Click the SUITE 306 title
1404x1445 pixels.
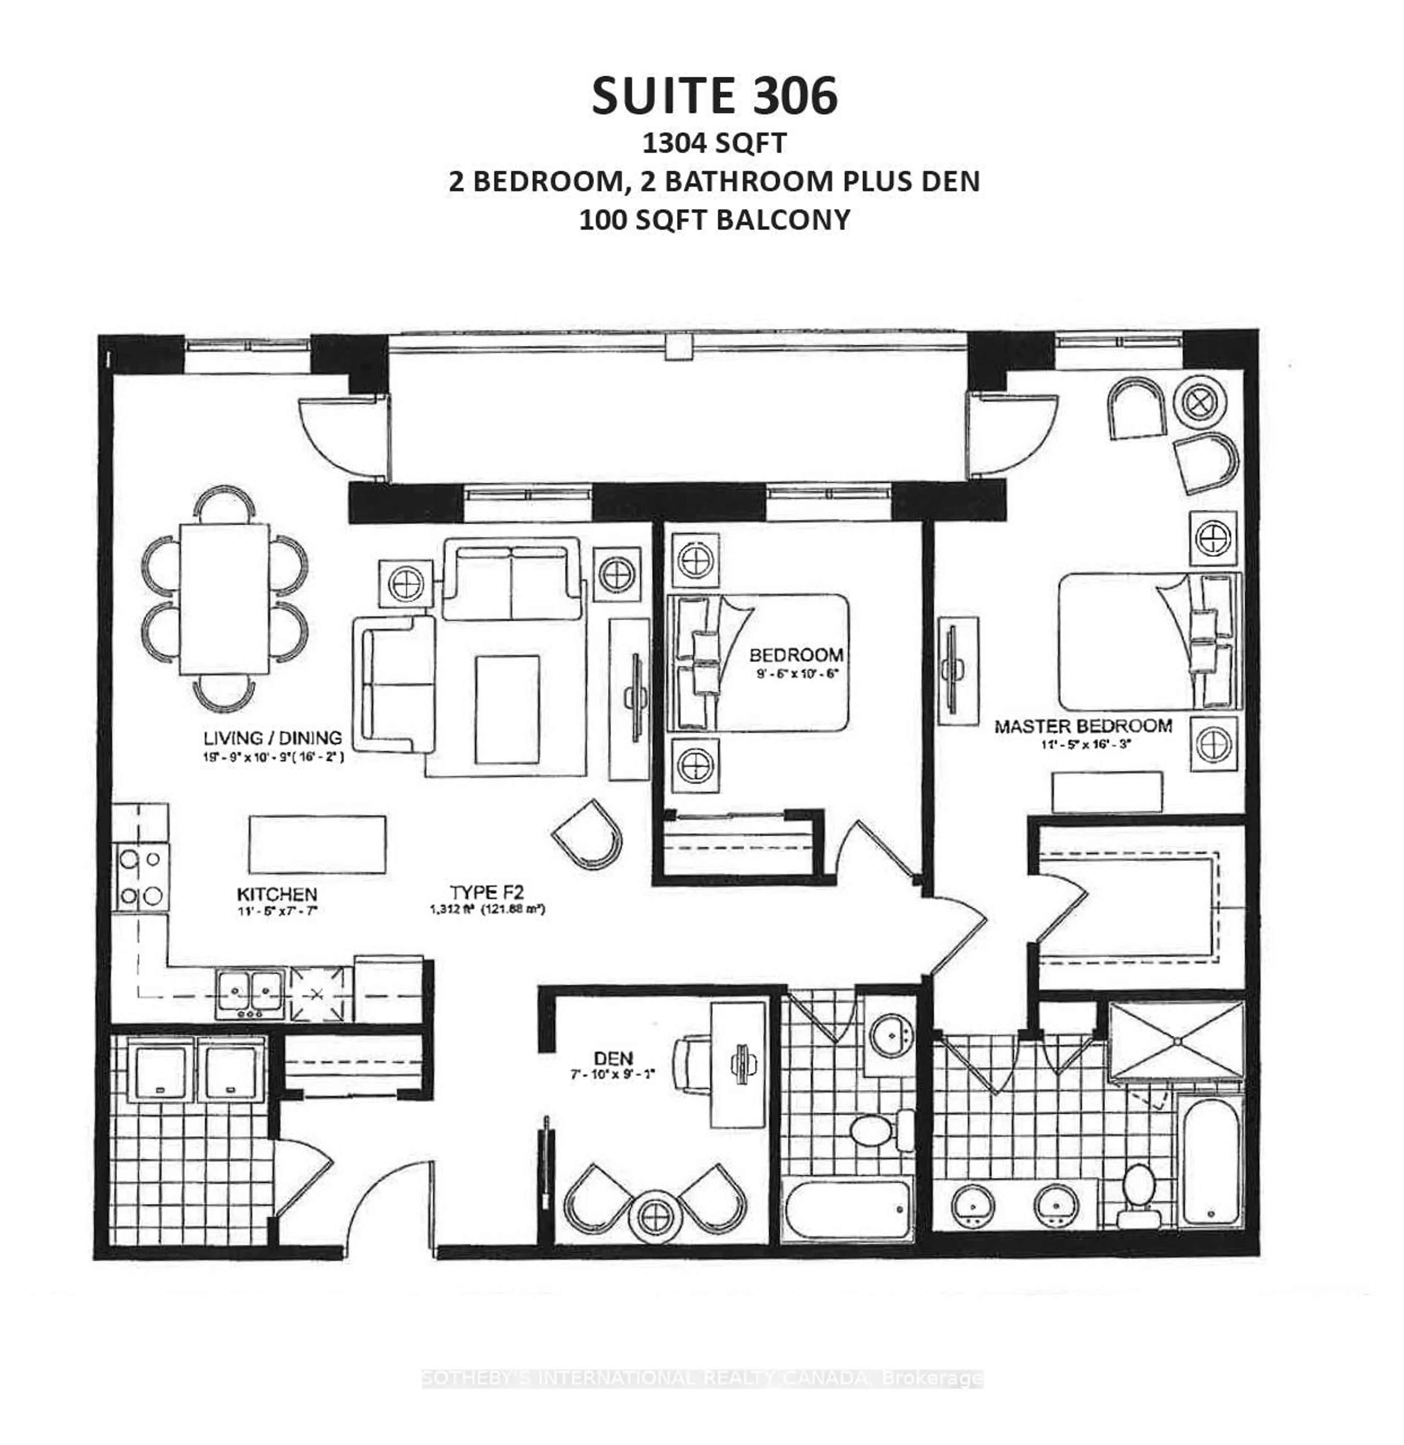coord(714,97)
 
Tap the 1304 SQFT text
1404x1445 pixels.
coord(714,143)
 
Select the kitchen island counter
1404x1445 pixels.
coord(317,844)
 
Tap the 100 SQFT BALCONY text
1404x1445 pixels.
coord(714,220)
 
